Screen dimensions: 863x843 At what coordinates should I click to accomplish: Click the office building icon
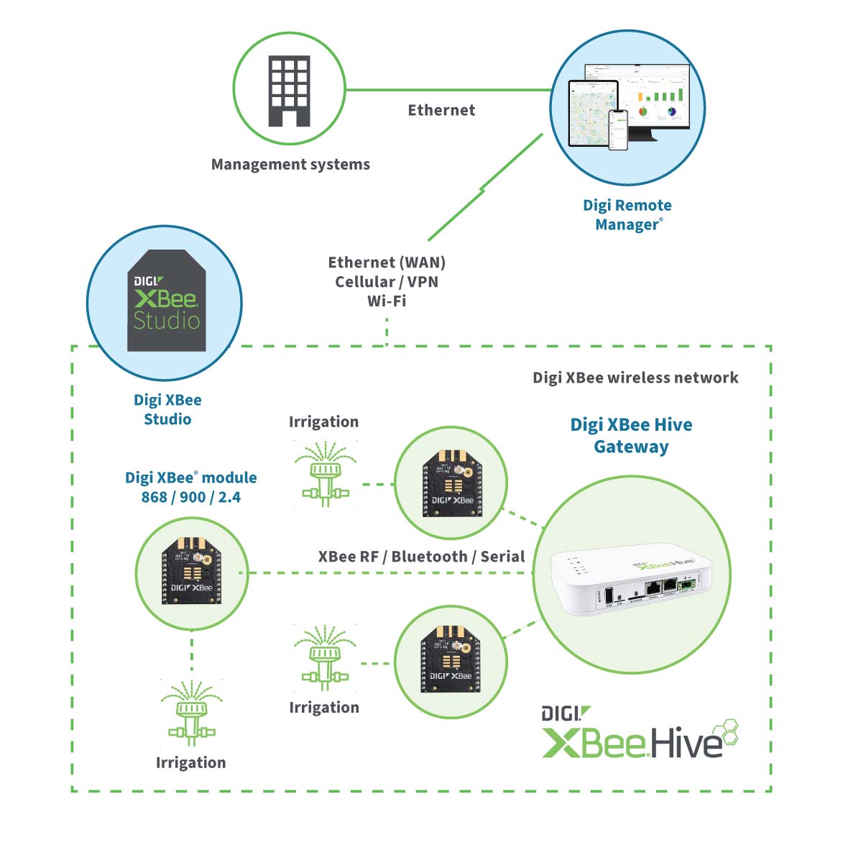pyautogui.click(x=289, y=91)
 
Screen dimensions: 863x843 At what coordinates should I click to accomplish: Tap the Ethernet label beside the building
pyautogui.click(x=441, y=110)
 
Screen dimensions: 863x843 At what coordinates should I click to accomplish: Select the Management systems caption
pyautogui.click(x=290, y=165)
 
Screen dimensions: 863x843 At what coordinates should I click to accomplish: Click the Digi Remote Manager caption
pyautogui.click(x=627, y=215)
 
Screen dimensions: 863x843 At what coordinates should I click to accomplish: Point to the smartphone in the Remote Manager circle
pyautogui.click(x=618, y=129)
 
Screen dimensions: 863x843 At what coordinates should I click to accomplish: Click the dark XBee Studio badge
pyautogui.click(x=167, y=301)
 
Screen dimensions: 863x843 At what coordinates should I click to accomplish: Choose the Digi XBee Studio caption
pyautogui.click(x=167, y=409)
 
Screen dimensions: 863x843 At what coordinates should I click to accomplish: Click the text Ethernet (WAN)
pyautogui.click(x=387, y=262)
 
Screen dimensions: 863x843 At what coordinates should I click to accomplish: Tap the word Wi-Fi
pyautogui.click(x=387, y=301)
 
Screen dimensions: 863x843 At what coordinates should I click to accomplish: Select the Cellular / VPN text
pyautogui.click(x=387, y=282)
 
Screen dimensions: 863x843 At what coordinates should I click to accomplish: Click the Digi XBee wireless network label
pyautogui.click(x=635, y=378)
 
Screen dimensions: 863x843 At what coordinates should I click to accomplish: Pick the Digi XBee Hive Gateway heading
pyautogui.click(x=631, y=435)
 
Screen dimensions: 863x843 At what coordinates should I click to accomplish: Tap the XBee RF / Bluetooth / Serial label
pyautogui.click(x=421, y=557)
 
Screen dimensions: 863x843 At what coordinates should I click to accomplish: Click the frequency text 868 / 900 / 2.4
pyautogui.click(x=191, y=497)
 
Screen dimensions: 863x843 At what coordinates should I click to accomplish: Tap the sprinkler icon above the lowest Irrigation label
pyautogui.click(x=191, y=713)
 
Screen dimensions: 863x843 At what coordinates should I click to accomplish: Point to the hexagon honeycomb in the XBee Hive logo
pyautogui.click(x=728, y=731)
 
